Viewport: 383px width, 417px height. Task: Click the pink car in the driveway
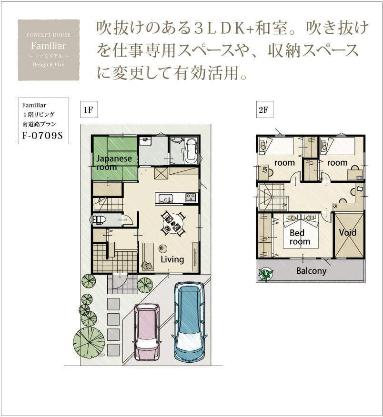[x=147, y=332]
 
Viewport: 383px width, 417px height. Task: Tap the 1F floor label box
[x=89, y=109]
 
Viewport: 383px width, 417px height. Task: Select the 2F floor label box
[x=264, y=109]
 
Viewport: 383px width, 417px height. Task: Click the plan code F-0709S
[x=42, y=136]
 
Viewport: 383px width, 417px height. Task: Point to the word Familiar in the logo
[x=48, y=46]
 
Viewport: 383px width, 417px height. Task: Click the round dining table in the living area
[x=172, y=224]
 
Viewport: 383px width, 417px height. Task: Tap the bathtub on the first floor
[x=190, y=151]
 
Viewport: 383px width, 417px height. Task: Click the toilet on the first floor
[x=99, y=220]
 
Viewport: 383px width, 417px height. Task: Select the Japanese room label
[x=114, y=163]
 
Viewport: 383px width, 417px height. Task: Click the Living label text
[x=172, y=259]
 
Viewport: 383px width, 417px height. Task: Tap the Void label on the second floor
[x=348, y=232]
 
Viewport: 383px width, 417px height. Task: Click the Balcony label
[x=311, y=271]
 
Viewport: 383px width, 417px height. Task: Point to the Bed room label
[x=300, y=237]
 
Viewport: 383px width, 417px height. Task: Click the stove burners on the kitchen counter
[x=191, y=198]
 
